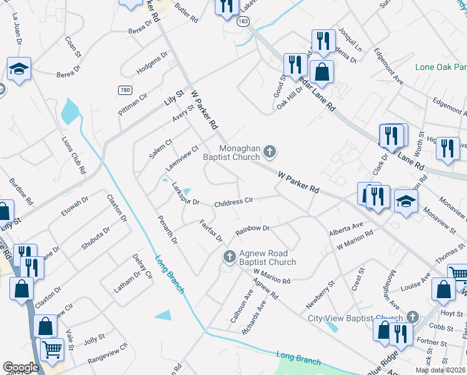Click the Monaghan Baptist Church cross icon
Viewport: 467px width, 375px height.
tap(270, 151)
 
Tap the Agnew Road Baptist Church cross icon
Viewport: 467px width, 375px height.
tap(229, 256)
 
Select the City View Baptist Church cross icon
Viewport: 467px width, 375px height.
tap(411, 318)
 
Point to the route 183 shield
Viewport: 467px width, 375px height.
tap(243, 22)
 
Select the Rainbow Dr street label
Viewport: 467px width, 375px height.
tap(252, 229)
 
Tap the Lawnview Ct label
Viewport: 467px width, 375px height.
tap(182, 159)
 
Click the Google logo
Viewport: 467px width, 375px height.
tap(21, 367)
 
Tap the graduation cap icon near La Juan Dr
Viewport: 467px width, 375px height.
tap(19, 68)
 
